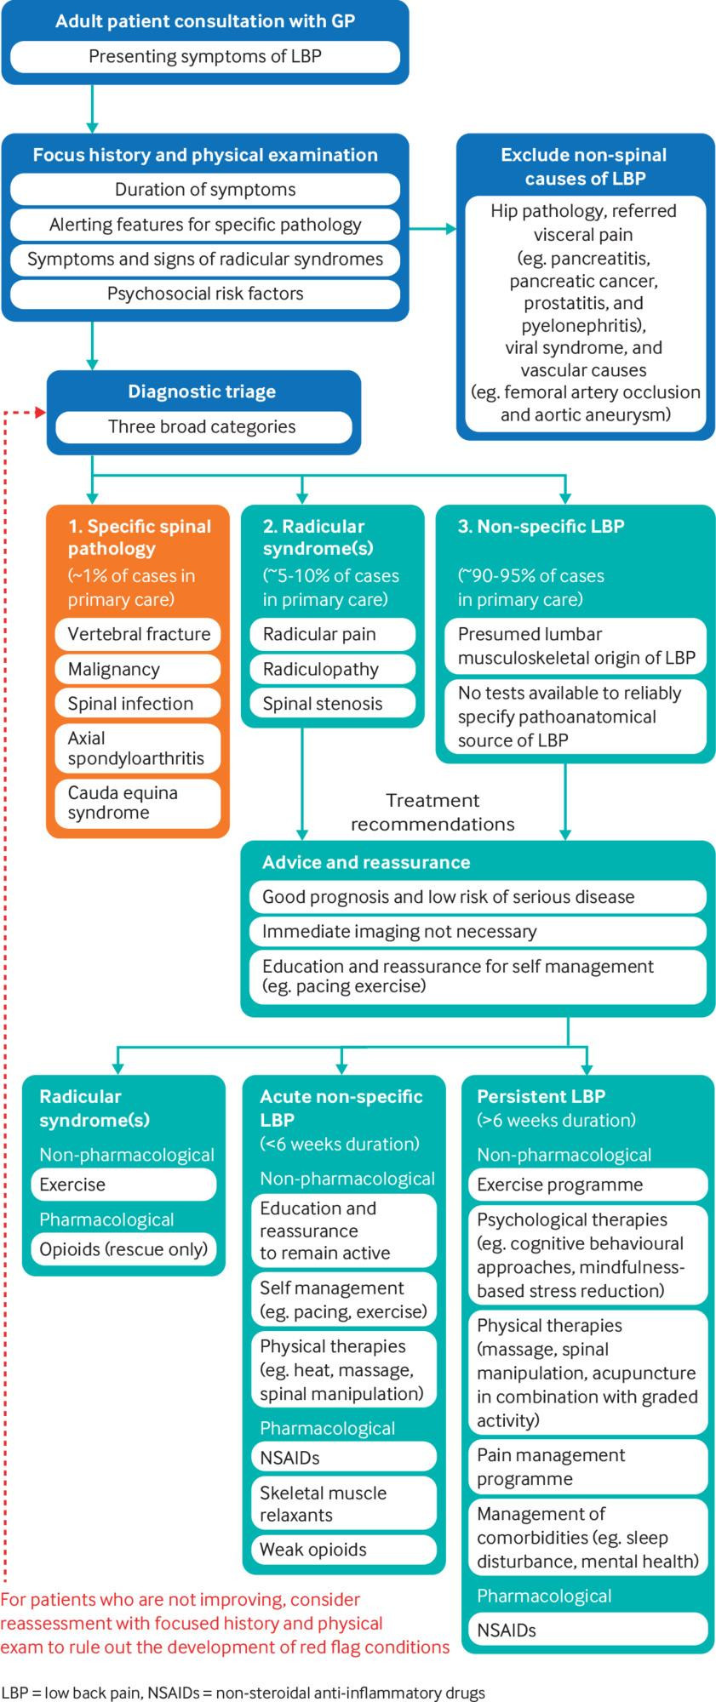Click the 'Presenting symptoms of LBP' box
click(205, 57)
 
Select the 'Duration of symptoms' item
click(205, 190)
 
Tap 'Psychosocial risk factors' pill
click(205, 294)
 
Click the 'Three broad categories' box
click(202, 427)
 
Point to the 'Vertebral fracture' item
click(139, 634)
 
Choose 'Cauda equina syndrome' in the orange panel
click(136, 802)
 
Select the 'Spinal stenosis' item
click(332, 704)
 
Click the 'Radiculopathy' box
click(332, 669)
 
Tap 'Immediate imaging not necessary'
click(477, 931)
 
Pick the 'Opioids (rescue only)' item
click(123, 1249)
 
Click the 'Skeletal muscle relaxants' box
click(343, 1504)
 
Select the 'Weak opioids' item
click(343, 1550)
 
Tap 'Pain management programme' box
click(587, 1467)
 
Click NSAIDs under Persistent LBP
click(587, 1631)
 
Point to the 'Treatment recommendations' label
click(432, 812)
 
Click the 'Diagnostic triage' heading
click(202, 392)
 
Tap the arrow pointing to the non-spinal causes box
click(448, 228)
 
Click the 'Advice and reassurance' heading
click(366, 862)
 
